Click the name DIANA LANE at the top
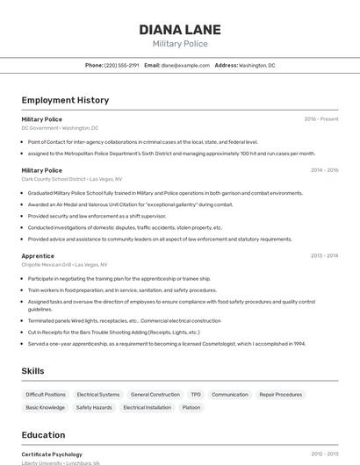(180, 30)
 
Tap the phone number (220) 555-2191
(121, 65)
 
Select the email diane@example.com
(179, 65)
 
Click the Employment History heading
(65, 100)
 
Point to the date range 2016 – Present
(320, 119)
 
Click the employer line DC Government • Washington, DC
(60, 127)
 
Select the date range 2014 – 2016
(324, 170)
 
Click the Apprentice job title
(38, 256)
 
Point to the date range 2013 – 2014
(324, 256)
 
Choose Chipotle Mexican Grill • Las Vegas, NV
(64, 264)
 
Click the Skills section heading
(32, 371)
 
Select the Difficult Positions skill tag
(46, 395)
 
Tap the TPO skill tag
(196, 395)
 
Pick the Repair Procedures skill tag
(280, 395)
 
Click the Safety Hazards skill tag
(94, 408)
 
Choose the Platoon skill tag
(191, 408)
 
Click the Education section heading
(43, 435)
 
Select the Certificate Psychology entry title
(52, 454)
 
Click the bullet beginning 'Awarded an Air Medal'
(130, 204)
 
